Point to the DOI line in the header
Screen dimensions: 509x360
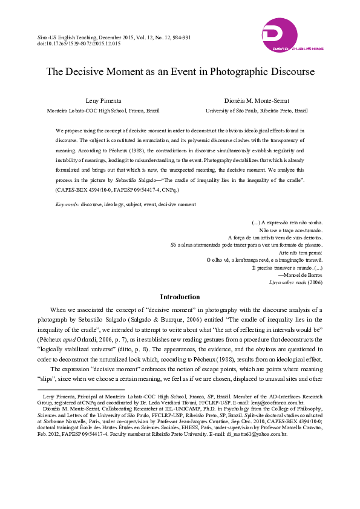click(79, 44)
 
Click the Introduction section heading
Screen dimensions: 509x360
click(180, 297)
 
